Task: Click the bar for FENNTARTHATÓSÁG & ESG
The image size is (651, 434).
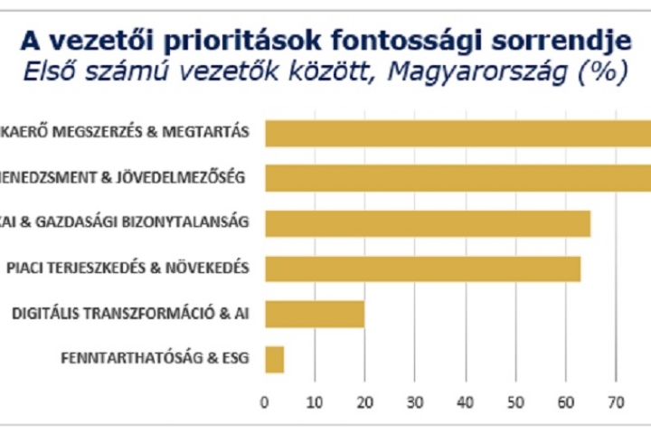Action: click(274, 359)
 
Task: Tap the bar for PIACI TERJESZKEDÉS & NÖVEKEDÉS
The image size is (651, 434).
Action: click(422, 269)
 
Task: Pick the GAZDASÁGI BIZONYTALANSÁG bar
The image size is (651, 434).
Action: click(427, 223)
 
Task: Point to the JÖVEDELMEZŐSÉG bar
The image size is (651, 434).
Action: click(457, 177)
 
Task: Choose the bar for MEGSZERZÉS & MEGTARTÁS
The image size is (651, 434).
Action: click(457, 133)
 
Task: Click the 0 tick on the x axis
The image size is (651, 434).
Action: click(264, 401)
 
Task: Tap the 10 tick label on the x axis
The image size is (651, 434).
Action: click(314, 401)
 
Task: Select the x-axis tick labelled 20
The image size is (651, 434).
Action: click(364, 401)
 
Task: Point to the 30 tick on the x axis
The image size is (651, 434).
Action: click(415, 401)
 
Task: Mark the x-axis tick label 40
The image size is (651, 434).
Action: click(465, 401)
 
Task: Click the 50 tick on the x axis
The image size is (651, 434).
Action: click(515, 401)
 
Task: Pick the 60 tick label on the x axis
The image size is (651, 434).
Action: click(565, 401)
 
